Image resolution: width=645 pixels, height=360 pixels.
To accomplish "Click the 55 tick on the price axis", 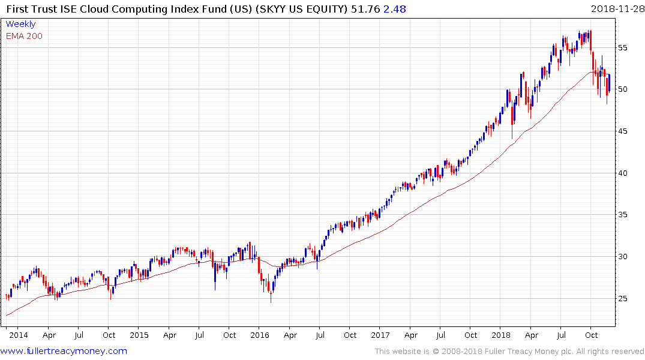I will pos(626,47).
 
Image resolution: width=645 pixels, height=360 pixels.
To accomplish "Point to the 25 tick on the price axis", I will pos(626,299).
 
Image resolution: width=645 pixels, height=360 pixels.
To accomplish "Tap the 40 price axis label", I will pos(626,173).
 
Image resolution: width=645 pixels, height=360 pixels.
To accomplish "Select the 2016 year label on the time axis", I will pos(259,335).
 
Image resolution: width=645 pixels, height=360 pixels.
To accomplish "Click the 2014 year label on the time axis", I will pos(19,335).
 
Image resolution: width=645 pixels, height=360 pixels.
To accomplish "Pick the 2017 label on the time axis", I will pos(380,335).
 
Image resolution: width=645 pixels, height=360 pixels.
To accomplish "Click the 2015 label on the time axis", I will pos(139,335).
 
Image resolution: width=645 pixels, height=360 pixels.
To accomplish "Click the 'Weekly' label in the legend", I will pos(20,25).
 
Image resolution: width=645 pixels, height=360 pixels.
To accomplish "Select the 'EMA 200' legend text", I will pos(24,36).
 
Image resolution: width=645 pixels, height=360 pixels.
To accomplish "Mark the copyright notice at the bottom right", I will pos(509,352).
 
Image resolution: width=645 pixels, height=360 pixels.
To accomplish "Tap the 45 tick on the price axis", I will pos(626,131).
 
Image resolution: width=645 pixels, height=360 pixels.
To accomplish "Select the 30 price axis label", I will pos(626,257).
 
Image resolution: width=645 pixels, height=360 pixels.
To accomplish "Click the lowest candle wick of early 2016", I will pos(271,301).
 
